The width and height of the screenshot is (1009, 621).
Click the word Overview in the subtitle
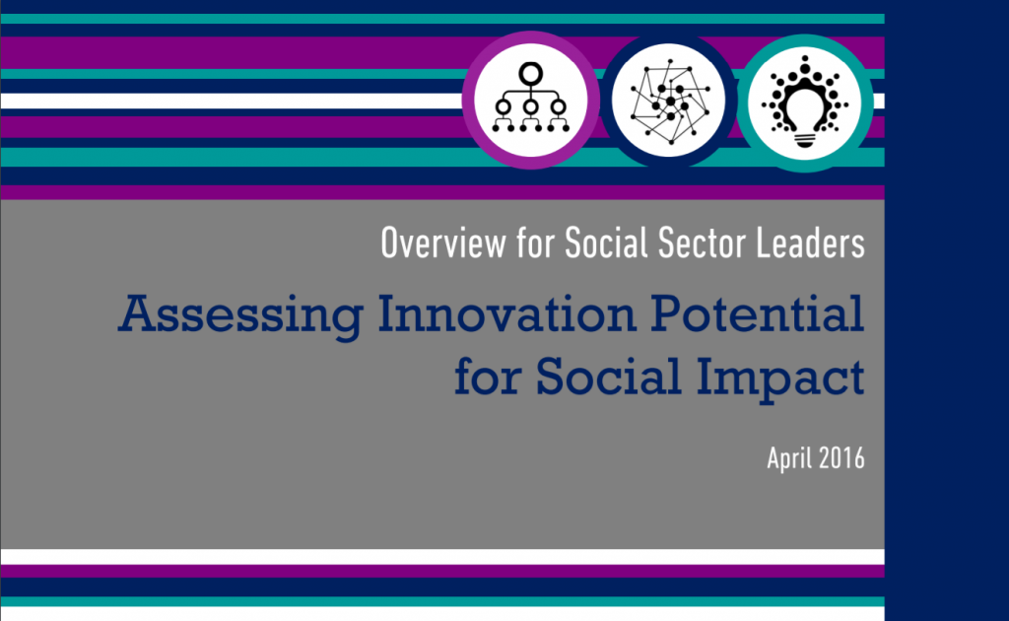443,243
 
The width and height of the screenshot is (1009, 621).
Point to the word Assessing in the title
241,315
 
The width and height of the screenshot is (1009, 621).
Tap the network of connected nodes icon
669,101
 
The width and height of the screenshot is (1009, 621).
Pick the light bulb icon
804,102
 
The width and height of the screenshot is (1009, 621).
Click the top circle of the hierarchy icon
531,73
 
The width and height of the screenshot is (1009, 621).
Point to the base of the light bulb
804,139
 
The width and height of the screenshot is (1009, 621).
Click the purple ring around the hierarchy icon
468,101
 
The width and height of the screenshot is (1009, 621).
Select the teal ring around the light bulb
742,103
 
